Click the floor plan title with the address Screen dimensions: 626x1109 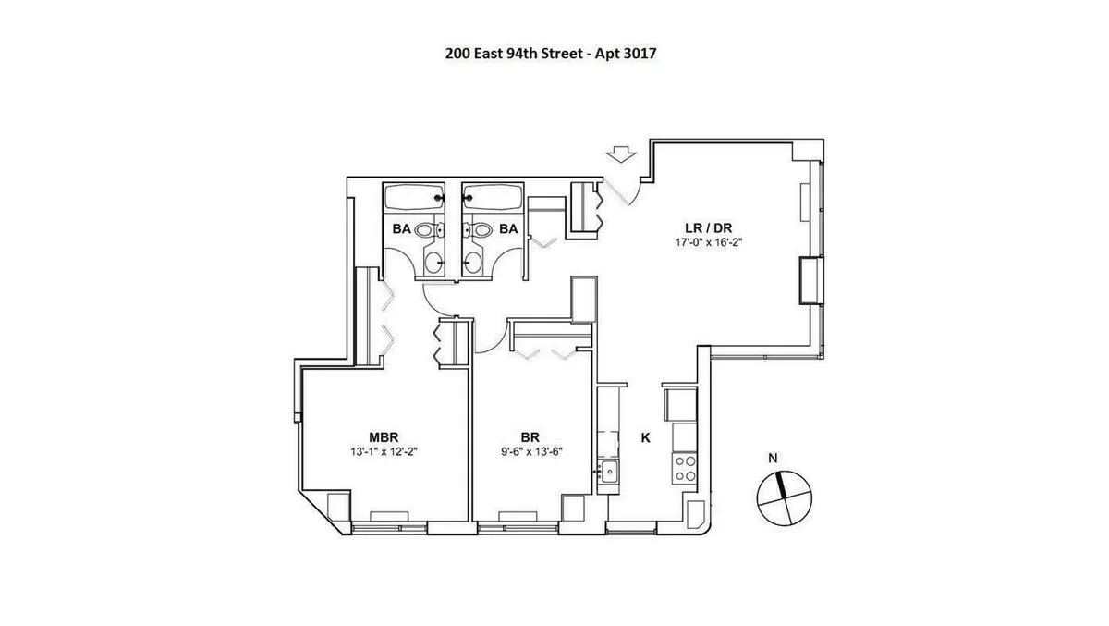coord(551,54)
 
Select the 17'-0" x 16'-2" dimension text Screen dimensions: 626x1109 coord(710,243)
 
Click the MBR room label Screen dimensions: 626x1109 coord(384,437)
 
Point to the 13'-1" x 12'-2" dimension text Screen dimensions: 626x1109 coord(384,452)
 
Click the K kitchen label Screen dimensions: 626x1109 coord(645,437)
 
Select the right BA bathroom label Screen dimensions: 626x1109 coord(508,227)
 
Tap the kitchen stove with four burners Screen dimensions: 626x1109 coord(685,467)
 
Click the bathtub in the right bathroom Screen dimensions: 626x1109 coord(493,197)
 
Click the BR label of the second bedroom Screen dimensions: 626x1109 coord(530,437)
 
